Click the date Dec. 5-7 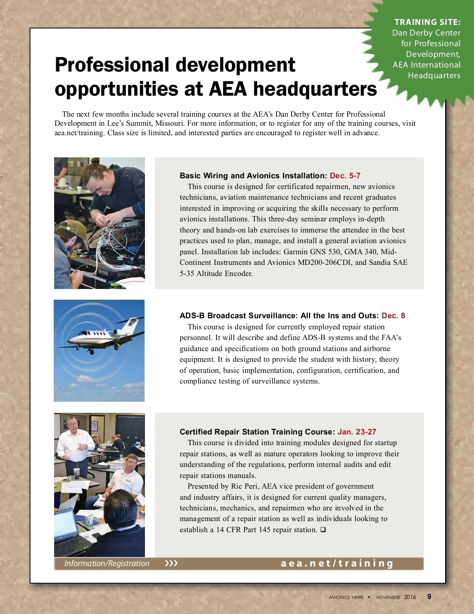pos(345,176)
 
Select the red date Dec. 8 pos(393,316)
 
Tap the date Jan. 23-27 pos(357,432)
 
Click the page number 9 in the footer pos(429,597)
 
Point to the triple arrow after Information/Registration pos(171,563)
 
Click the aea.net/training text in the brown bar pos(337,563)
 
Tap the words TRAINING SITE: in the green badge pos(427,22)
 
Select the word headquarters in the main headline pos(315,89)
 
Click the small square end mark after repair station pos(323,529)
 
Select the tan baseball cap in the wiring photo pos(73,231)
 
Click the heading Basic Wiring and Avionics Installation pos(253,176)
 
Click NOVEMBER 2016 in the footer pos(396,597)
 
